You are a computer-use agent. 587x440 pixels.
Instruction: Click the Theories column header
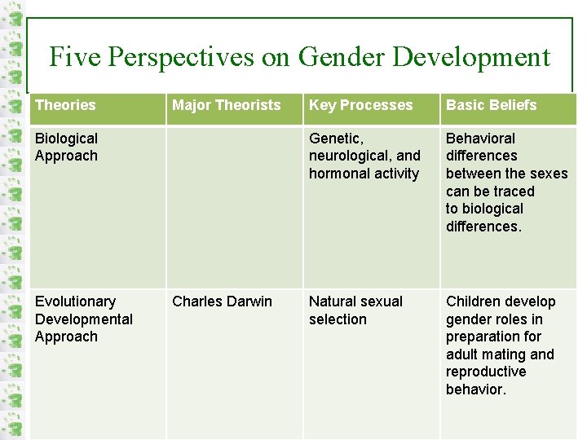65,105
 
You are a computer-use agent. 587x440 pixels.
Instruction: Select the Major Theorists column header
226,105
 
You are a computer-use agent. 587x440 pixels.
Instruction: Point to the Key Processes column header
360,105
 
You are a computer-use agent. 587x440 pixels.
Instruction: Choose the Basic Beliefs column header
491,105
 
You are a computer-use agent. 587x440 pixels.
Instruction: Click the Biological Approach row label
66,147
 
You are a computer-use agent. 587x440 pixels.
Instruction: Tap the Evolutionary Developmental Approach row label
83,319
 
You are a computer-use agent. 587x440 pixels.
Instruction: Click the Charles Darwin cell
222,301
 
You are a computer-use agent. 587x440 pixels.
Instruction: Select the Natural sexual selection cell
355,310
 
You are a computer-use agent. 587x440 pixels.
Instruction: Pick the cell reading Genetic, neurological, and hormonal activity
364,156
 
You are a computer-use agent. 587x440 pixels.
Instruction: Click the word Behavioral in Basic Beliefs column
480,139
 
